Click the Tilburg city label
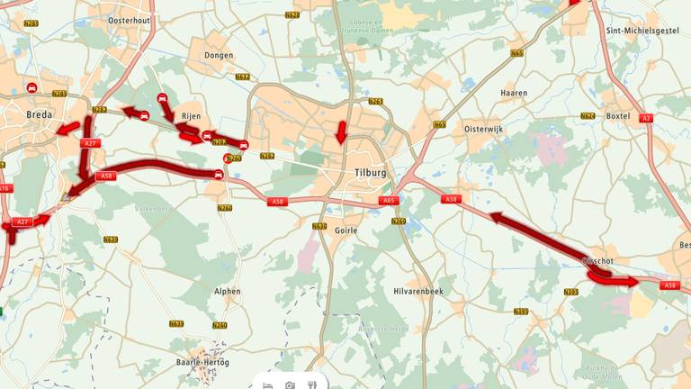[371, 172]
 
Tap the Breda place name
[40, 114]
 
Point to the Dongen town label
[219, 55]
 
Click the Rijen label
[191, 116]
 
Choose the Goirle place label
[345, 230]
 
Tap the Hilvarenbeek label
[419, 292]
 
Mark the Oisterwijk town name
[487, 129]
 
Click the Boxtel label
[618, 115]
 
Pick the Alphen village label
[228, 291]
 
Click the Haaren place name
[514, 92]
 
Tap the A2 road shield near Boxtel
[645, 118]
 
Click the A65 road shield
[388, 201]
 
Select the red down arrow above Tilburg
[341, 132]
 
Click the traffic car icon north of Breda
[32, 87]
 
